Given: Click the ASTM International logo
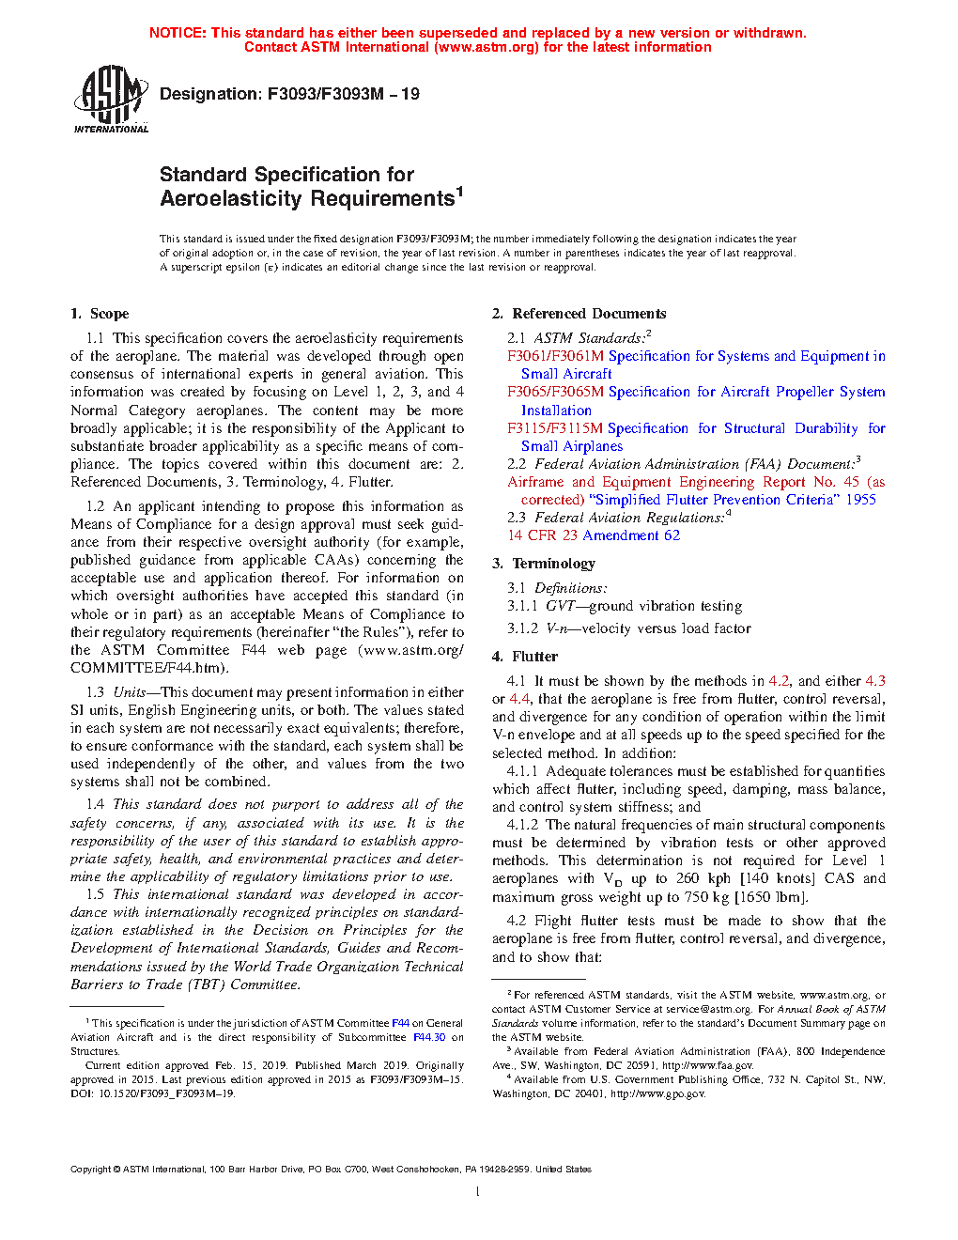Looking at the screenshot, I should tap(111, 99).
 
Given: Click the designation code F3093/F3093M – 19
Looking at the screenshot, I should tap(343, 94).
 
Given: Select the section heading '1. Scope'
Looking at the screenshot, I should tap(100, 314).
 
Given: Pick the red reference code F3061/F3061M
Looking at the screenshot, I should tap(555, 356).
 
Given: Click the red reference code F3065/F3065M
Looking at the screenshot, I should tap(555, 392).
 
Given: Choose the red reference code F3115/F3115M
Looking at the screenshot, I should tap(555, 428).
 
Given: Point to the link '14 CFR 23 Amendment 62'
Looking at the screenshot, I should tap(594, 535).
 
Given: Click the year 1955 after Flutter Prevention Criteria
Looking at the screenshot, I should tap(860, 500).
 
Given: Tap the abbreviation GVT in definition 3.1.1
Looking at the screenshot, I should tap(560, 606).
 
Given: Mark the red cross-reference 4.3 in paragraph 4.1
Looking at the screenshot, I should tap(874, 681).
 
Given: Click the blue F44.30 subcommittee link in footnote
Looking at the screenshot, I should tap(429, 1037).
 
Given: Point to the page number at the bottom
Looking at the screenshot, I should tap(478, 1192).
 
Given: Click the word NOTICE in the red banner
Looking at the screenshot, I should tap(178, 33).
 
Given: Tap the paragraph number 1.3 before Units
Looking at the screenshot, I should tap(95, 692).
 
